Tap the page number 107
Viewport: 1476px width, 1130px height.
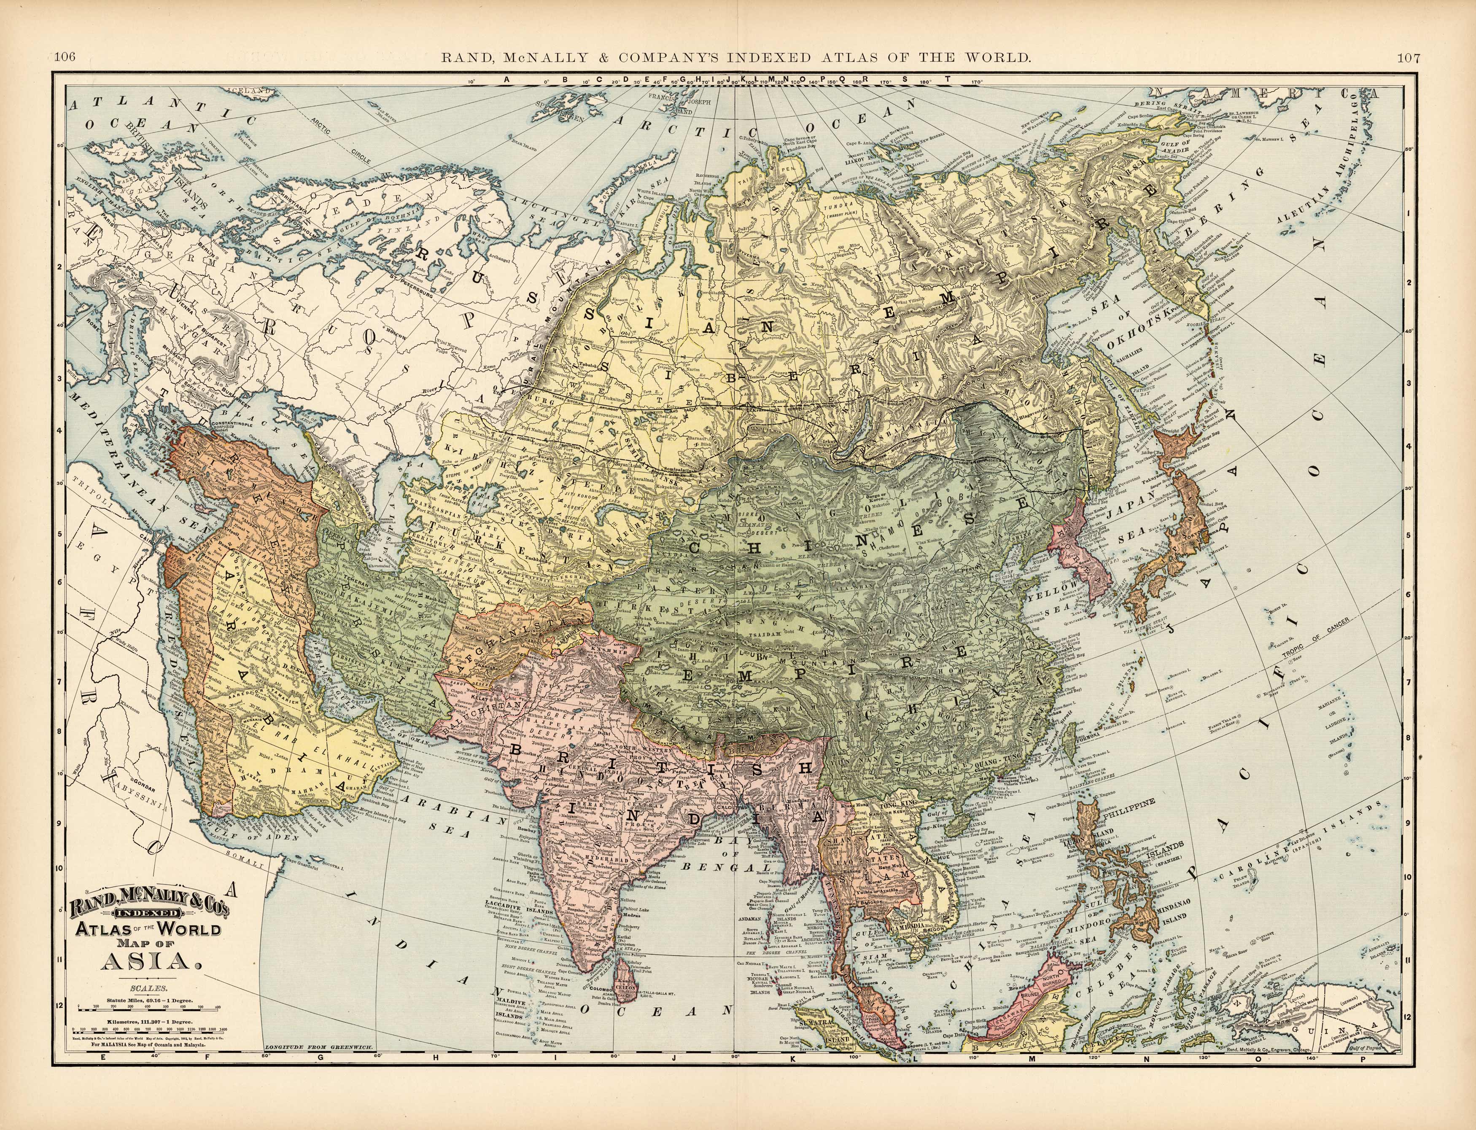[1409, 58]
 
